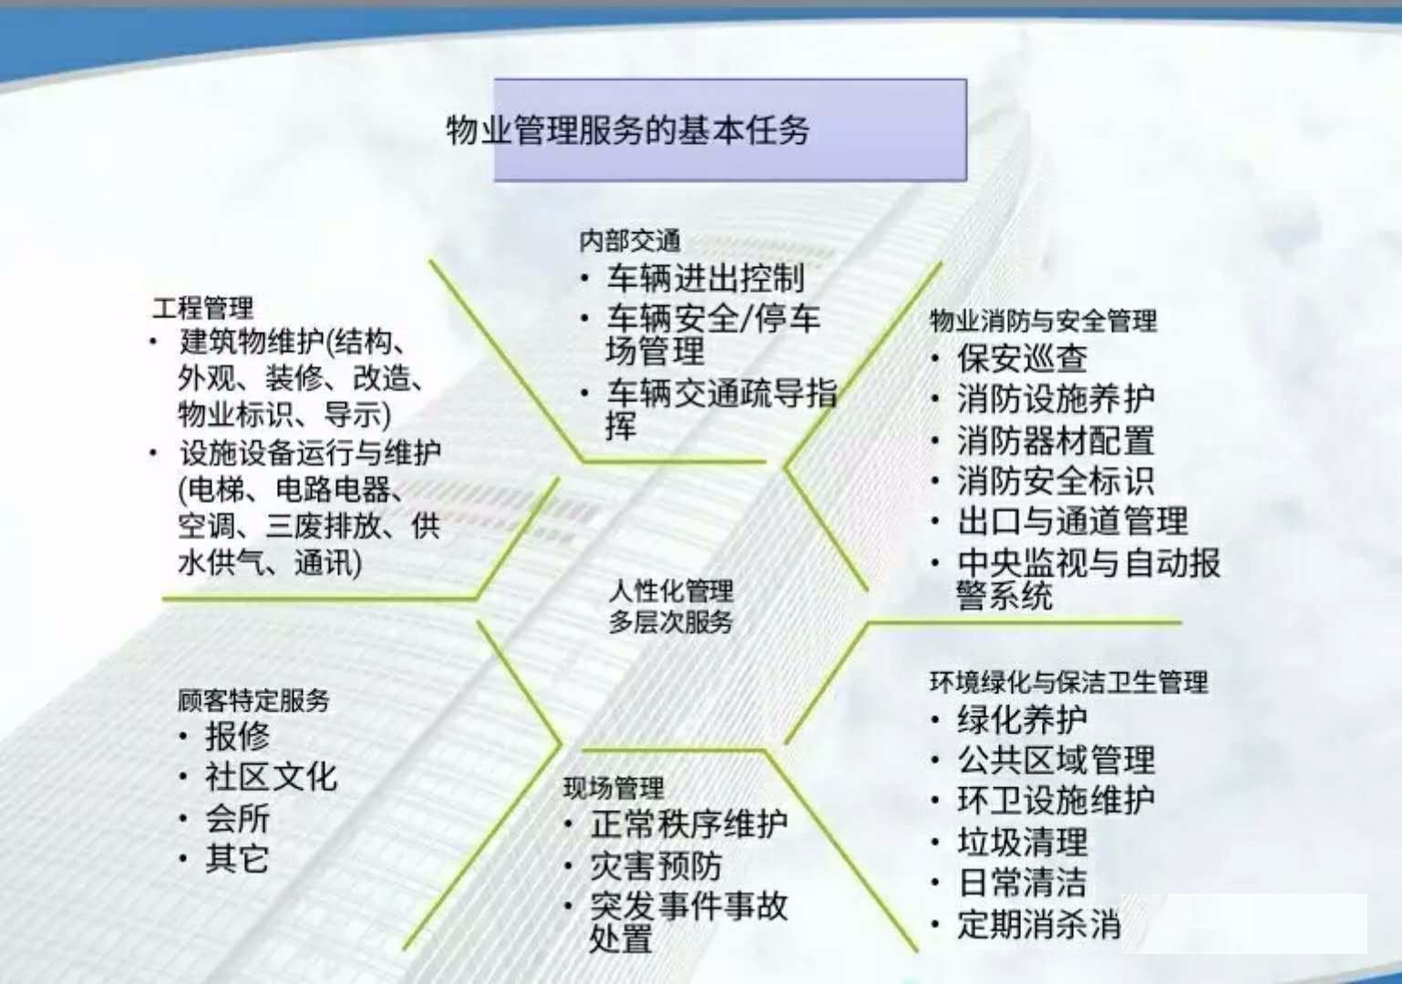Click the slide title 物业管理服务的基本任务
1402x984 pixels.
tap(628, 129)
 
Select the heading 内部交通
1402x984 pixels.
tap(630, 241)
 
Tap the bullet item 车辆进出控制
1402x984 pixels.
tap(706, 279)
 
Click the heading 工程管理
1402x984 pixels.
tap(203, 308)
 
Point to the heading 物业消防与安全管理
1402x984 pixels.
tap(1044, 321)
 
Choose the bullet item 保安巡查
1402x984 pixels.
tap(1022, 358)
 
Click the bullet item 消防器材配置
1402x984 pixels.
tap(1056, 440)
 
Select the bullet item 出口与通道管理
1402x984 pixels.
tap(1072, 520)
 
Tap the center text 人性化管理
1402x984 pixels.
tap(670, 590)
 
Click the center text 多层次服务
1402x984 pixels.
tap(670, 621)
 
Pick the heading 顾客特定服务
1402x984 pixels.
tap(253, 700)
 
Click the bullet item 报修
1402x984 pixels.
tap(238, 735)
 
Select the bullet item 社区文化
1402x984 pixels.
tap(271, 777)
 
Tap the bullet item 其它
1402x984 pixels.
tap(238, 858)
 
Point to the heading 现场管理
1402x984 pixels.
tap(613, 788)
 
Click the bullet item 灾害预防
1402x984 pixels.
tap(656, 866)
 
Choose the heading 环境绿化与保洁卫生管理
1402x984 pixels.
tap(1069, 682)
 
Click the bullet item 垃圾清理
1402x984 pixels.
tap(1023, 841)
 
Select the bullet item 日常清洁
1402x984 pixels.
tap(1023, 882)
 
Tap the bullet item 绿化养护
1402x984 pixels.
tap(1023, 720)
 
